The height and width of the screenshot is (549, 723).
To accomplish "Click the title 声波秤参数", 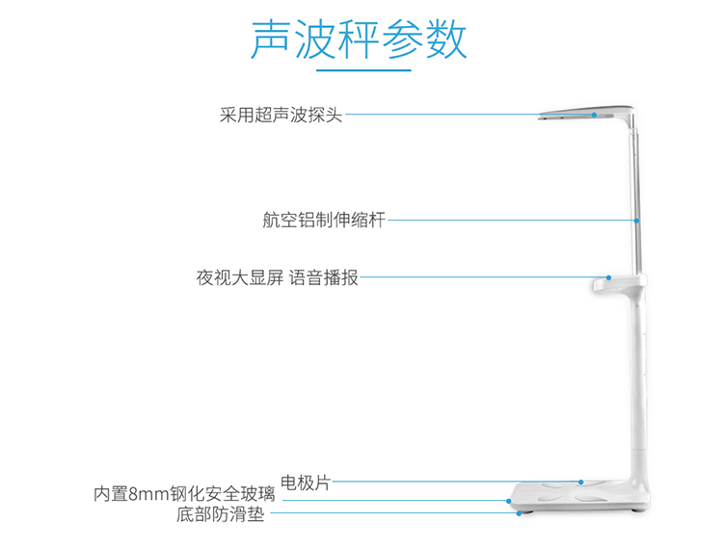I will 360,39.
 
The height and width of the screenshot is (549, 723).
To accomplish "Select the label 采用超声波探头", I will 281,116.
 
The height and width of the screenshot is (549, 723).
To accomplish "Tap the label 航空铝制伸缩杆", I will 324,220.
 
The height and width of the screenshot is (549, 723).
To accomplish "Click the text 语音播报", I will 324,278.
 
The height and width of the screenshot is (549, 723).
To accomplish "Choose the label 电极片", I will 305,483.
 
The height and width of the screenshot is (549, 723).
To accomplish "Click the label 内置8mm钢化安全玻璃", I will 184,495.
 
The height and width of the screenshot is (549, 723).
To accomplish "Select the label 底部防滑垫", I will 220,515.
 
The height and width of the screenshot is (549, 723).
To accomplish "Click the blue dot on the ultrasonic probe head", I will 596,116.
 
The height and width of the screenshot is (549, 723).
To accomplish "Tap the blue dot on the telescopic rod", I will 637,221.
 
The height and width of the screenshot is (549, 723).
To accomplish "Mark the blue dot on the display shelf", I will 608,278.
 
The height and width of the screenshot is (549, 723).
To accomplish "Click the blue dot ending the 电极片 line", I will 582,483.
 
